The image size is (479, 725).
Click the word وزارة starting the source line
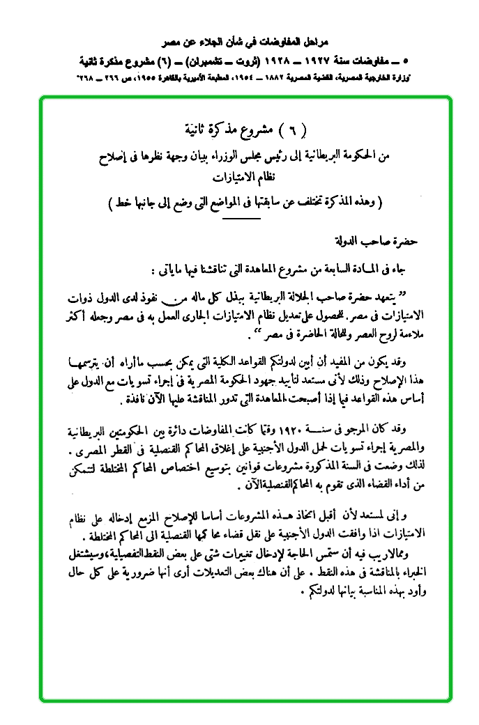(426, 75)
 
